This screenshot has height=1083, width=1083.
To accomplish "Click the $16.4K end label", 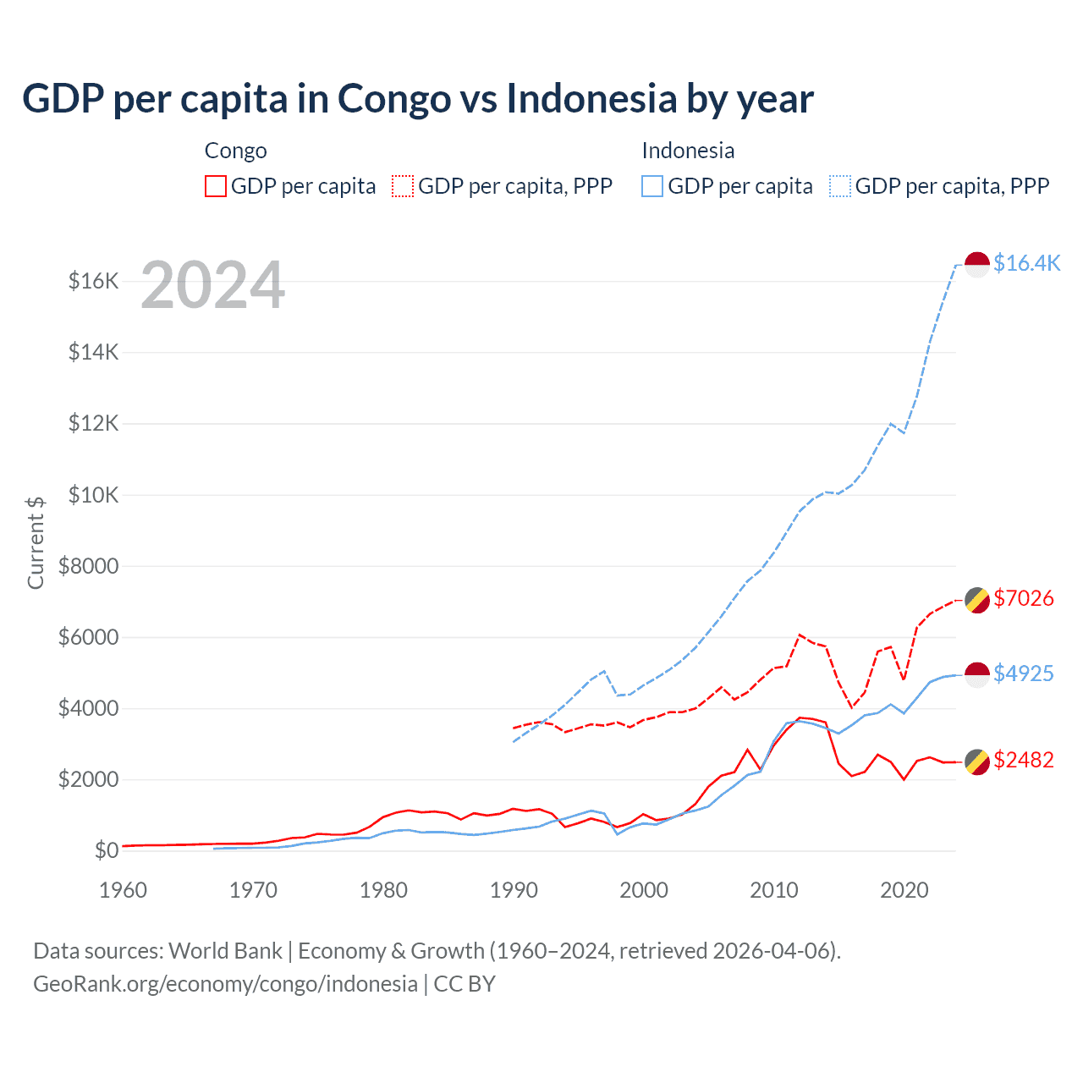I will tap(1026, 263).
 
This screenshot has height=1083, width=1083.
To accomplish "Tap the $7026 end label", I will tap(1023, 598).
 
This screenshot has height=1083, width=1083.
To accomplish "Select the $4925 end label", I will tap(1023, 673).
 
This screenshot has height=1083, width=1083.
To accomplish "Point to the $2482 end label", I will tap(1023, 760).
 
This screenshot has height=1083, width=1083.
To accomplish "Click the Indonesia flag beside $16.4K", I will tap(977, 265).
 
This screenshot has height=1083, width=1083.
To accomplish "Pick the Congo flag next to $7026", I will tap(977, 600).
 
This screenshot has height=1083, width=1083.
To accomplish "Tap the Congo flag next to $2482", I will tap(977, 761).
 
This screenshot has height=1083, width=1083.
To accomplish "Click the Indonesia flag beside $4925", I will tap(977, 674).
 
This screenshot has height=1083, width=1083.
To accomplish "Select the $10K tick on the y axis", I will tap(93, 495).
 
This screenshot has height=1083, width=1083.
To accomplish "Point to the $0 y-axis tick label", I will tap(106, 850).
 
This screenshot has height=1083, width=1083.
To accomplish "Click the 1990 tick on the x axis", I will tap(514, 890).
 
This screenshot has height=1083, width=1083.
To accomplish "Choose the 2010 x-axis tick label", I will tap(774, 890).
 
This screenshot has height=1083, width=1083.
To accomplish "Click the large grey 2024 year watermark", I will tap(212, 285).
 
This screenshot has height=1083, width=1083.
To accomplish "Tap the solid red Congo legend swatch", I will tap(216, 186).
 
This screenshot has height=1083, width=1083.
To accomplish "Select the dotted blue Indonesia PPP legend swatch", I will tap(840, 186).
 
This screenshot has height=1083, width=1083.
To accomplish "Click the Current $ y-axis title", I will tap(36, 542).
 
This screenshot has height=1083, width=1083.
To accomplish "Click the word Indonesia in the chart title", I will tap(591, 98).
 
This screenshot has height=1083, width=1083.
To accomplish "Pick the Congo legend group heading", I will tap(235, 151).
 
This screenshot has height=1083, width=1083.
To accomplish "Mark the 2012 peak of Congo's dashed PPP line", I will tap(800, 635).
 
